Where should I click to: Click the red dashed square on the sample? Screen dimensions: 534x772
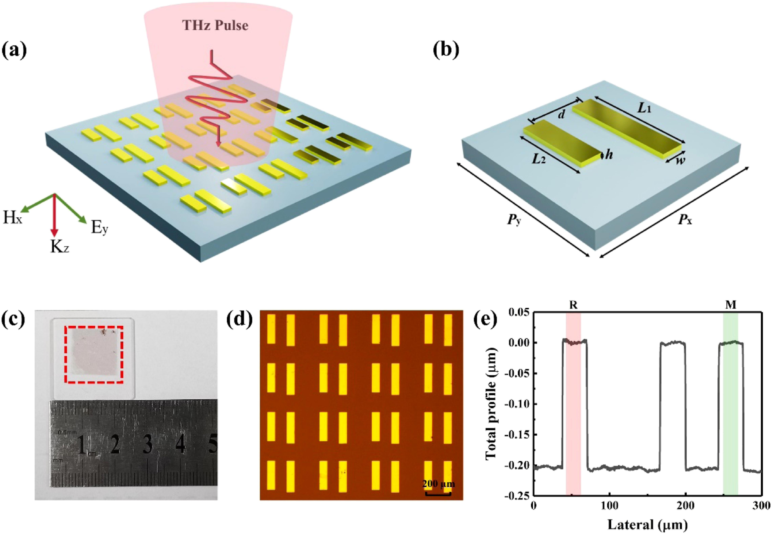(x=94, y=355)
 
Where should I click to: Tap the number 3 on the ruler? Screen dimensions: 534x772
(x=148, y=445)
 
